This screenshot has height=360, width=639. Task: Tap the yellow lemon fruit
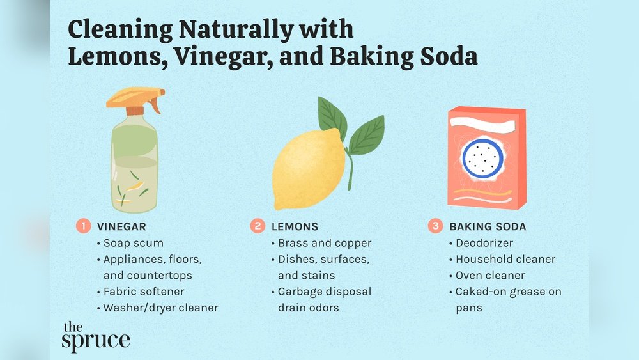(309, 169)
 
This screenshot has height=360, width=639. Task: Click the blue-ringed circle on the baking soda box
(482, 157)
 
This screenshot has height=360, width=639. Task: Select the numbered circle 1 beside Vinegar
(84, 226)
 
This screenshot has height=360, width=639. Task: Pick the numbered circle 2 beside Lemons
(258, 226)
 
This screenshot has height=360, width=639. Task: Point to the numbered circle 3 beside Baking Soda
(435, 226)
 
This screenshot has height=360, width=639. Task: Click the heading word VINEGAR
(121, 226)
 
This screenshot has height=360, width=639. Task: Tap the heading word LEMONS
(295, 226)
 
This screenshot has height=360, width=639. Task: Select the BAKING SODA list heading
(488, 226)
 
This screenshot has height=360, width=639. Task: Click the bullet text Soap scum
(134, 243)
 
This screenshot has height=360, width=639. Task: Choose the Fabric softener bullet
(144, 292)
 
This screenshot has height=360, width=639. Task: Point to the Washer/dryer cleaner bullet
(161, 308)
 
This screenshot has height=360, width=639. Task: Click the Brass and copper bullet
(325, 243)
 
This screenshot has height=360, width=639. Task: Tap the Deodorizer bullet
(484, 243)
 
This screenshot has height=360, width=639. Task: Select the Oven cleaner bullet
(490, 276)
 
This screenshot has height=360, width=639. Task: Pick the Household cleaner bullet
(505, 260)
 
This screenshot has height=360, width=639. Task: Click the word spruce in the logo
(96, 340)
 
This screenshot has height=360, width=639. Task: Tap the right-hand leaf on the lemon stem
(366, 136)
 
